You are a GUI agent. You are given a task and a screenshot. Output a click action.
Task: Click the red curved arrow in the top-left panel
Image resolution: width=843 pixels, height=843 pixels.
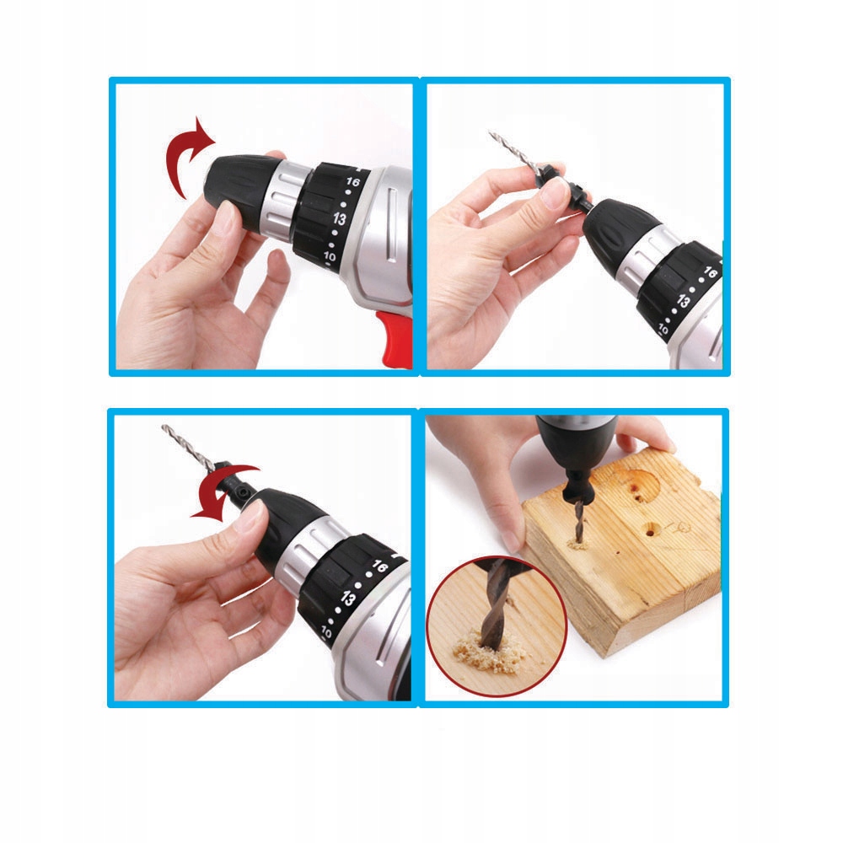(x=176, y=156)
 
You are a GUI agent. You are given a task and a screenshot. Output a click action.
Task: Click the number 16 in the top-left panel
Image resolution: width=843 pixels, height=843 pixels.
(x=352, y=182)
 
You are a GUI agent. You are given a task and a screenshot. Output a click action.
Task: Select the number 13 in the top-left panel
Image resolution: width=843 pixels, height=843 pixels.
(x=339, y=217)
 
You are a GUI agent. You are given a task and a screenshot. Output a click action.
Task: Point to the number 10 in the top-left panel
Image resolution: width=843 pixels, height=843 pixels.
(x=329, y=256)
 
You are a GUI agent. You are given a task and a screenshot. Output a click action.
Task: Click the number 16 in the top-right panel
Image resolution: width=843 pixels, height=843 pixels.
(x=711, y=273)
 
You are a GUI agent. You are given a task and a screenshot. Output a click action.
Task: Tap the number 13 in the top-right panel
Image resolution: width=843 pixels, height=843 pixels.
(x=683, y=301)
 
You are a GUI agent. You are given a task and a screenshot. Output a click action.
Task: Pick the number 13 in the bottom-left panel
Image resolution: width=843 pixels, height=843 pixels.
(x=347, y=598)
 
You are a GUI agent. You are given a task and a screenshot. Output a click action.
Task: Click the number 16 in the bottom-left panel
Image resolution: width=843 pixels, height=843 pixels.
(x=379, y=566)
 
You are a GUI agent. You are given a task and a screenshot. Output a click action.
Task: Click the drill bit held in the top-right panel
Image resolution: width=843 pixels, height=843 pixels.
(x=513, y=152)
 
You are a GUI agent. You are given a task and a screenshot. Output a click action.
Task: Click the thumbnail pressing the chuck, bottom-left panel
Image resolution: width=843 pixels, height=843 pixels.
(x=250, y=516)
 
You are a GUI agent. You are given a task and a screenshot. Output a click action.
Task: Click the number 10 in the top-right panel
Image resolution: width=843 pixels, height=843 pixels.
(x=663, y=329)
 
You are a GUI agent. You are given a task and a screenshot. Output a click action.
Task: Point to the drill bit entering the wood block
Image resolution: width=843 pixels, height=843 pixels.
(x=578, y=522)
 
